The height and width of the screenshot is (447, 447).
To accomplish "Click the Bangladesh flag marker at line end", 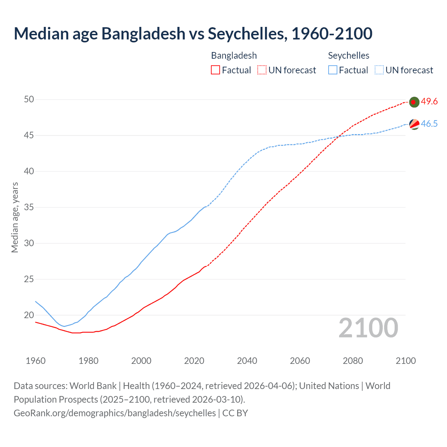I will click(x=414, y=102).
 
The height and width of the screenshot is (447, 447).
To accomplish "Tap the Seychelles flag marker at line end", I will click(x=414, y=124).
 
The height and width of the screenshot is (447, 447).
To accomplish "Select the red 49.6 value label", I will click(x=429, y=102).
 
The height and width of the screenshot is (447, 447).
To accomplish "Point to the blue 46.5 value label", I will click(x=429, y=124).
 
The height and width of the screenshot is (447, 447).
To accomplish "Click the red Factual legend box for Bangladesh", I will click(x=215, y=70).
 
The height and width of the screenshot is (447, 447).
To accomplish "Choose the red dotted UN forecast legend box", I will click(x=262, y=70).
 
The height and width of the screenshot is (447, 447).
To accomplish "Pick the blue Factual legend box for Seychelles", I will click(x=332, y=70).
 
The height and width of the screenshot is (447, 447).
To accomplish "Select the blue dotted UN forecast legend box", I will click(x=379, y=70).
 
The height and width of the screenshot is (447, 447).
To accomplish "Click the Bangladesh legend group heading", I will click(x=234, y=56).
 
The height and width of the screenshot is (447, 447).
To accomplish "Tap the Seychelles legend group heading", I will click(x=349, y=56).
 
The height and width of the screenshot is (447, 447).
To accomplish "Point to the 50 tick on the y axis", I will click(x=29, y=100).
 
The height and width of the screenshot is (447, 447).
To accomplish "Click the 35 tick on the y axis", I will click(x=29, y=207).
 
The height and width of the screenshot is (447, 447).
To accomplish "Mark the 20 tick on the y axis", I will click(x=29, y=315).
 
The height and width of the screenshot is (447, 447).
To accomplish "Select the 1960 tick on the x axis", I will click(x=36, y=361).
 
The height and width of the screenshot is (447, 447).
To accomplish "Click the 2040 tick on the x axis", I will click(x=247, y=361).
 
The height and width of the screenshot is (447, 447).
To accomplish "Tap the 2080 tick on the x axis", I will click(x=353, y=361).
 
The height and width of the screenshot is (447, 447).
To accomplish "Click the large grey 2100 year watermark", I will click(x=368, y=328).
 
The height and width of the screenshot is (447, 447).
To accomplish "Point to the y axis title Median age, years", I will click(x=15, y=217).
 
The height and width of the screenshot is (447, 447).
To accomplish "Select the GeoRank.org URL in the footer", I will click(x=115, y=413).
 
